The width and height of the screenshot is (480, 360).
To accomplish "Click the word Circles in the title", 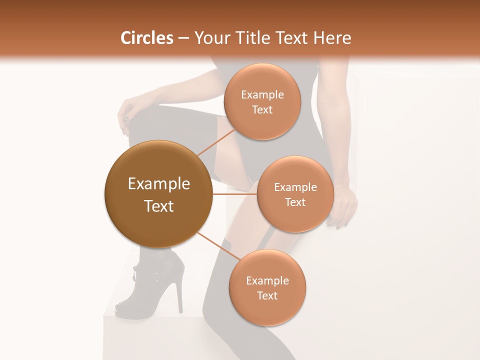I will tap(146, 38).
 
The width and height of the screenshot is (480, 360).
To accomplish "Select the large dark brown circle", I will tap(158, 194).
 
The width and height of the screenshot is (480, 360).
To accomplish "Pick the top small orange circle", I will tap(262, 102).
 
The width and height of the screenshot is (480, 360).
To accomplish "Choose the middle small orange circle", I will tap(295, 194).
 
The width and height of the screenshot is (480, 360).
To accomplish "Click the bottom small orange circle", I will tap(267, 288).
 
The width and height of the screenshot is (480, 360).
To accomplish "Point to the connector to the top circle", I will tap(216, 142).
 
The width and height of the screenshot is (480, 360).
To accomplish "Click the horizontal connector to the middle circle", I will tap(235, 194).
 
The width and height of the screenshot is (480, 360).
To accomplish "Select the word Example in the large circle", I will tap(158, 184).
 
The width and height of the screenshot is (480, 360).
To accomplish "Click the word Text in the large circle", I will tap(158, 206).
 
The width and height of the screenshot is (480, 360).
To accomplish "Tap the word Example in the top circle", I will tap(262, 95).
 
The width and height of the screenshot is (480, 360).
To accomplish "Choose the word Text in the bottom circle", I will tap(267, 295).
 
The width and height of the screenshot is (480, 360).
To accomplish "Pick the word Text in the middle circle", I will tap(295, 202).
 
